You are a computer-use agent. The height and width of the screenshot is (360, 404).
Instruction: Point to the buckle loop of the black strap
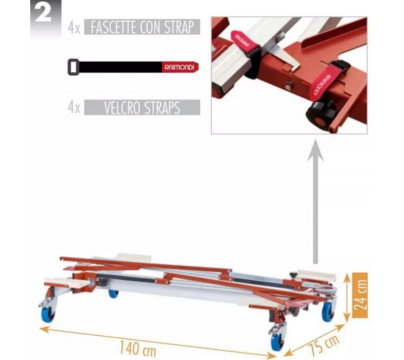[73, 67]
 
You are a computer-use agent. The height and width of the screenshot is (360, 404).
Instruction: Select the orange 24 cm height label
[360, 295]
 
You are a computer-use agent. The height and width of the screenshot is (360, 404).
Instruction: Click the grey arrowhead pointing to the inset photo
[315, 151]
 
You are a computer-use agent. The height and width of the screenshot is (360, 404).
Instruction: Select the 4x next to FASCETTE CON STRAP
[74, 28]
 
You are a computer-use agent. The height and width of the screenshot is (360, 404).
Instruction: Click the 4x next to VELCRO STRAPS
[74, 108]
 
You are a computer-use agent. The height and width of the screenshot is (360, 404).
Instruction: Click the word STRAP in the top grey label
[179, 27]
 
